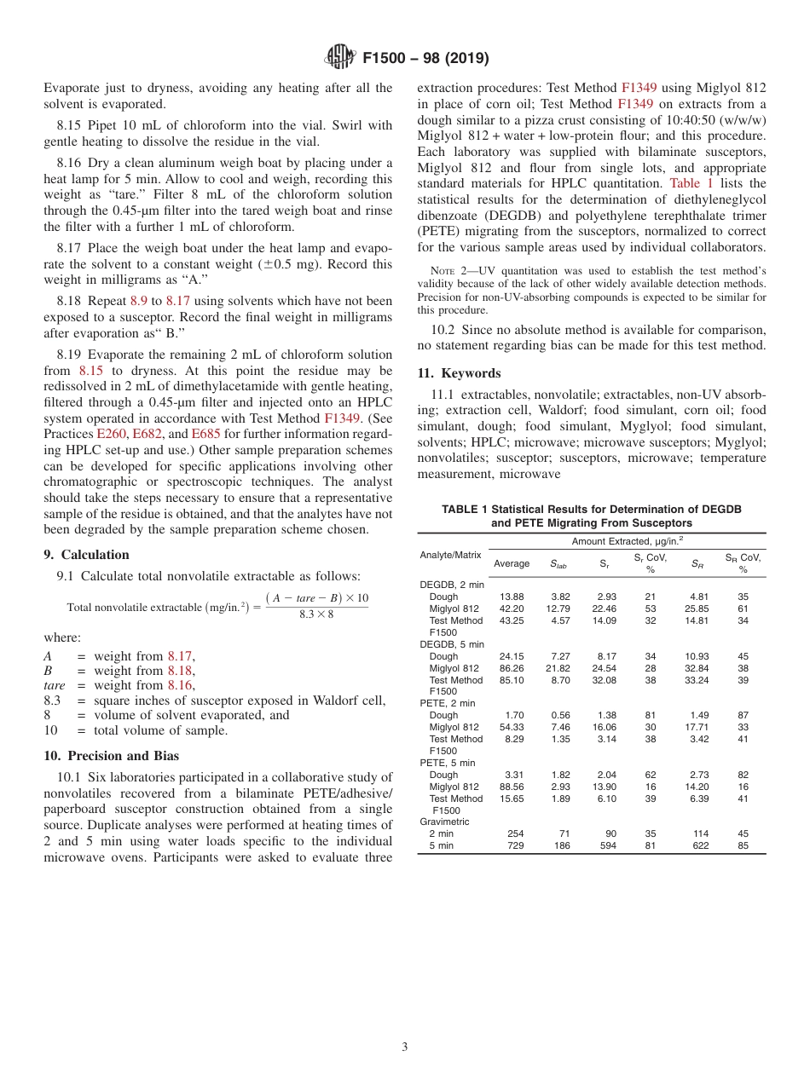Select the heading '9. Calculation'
point(86,555)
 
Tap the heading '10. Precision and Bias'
point(111,755)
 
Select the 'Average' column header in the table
point(512,563)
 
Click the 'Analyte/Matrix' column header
point(451,555)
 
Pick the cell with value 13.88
point(512,597)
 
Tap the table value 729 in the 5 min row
point(515,845)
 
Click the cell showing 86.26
point(512,668)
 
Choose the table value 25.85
point(697,608)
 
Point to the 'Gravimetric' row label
point(445,822)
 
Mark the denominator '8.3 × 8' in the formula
point(316,614)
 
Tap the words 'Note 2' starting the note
point(439,271)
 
